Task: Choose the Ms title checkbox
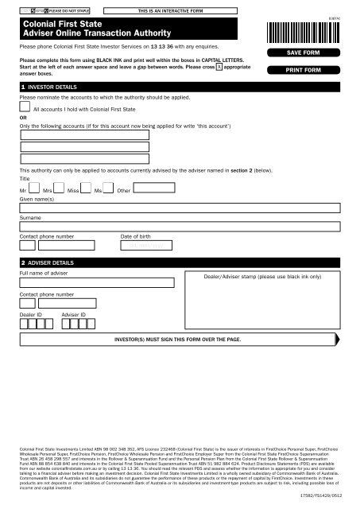click(x=110, y=188)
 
